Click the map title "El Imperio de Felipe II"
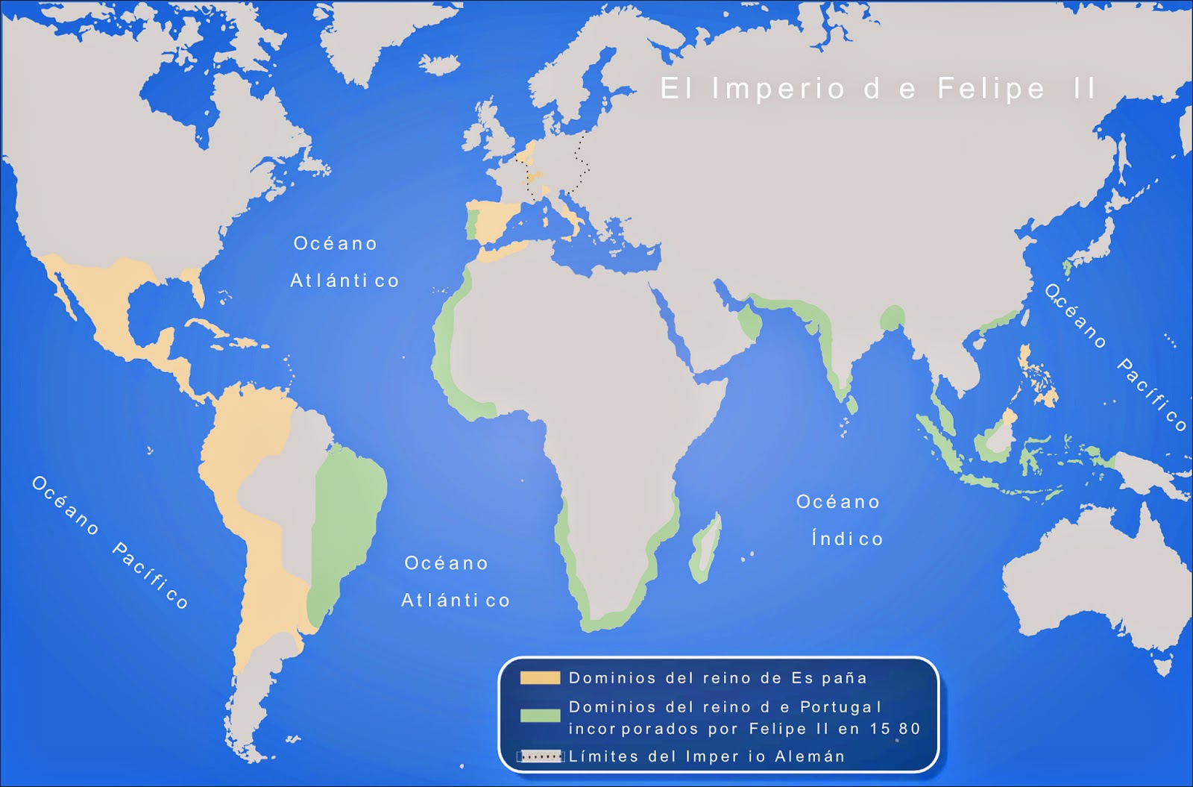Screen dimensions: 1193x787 [878, 89]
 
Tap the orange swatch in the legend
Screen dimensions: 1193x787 [540, 678]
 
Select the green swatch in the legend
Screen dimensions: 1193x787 [540, 715]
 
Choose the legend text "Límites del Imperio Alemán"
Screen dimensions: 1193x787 [707, 756]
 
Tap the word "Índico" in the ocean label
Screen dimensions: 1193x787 [847, 539]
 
